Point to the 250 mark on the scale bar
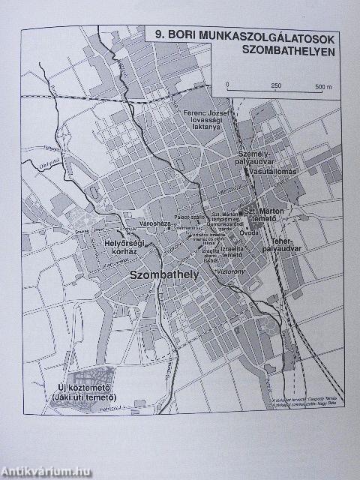(275, 85)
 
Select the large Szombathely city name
(163, 276)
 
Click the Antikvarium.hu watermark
(46, 470)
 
